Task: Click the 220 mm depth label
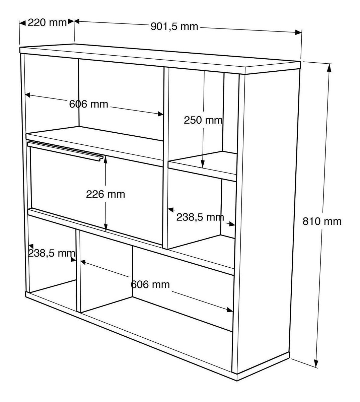pyautogui.click(x=47, y=23)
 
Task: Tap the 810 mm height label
pyautogui.click(x=322, y=221)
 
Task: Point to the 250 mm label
pyautogui.click(x=203, y=120)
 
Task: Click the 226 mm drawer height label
pyautogui.click(x=105, y=194)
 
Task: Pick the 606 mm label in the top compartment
pyautogui.click(x=89, y=104)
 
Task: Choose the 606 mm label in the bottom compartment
pyautogui.click(x=150, y=285)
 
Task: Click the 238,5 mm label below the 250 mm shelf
pyautogui.click(x=200, y=217)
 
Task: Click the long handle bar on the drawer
pyautogui.click(x=64, y=149)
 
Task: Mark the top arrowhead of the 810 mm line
pyautogui.click(x=330, y=68)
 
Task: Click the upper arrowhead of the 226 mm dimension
pyautogui.click(x=106, y=159)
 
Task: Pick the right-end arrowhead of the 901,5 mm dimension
pyautogui.click(x=298, y=32)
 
